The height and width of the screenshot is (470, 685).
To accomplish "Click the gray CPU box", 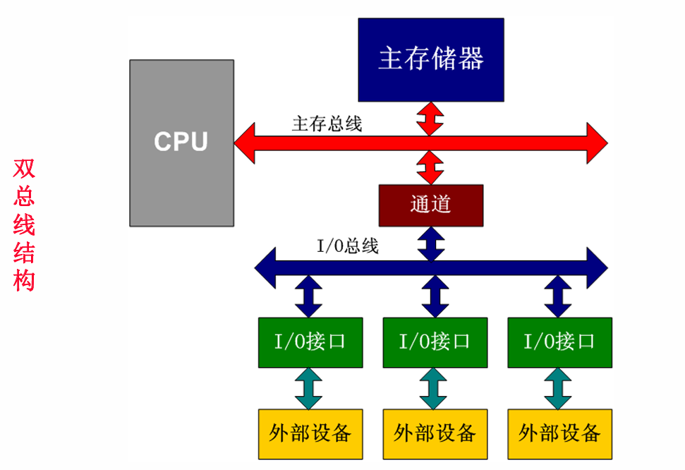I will click(181, 143).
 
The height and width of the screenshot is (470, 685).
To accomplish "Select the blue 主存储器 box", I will click(431, 59).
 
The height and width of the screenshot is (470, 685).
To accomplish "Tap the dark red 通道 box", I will click(431, 205).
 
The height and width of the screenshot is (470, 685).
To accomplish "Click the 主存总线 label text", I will click(327, 124).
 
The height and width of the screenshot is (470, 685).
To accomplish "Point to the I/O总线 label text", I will click(348, 246).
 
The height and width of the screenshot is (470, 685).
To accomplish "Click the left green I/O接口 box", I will click(310, 342).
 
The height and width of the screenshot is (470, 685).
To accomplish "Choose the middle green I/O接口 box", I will click(435, 342).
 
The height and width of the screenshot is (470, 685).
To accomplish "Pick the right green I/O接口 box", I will click(559, 342).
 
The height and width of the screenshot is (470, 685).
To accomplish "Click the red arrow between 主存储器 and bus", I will click(430, 117).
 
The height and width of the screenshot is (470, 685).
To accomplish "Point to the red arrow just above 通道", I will click(430, 167).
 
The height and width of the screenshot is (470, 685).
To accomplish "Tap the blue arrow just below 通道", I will click(431, 242).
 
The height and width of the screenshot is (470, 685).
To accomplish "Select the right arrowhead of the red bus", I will click(597, 143).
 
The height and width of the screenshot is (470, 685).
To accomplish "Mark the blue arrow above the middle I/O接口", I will click(434, 297).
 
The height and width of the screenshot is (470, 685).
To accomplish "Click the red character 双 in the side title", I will click(24, 169).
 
